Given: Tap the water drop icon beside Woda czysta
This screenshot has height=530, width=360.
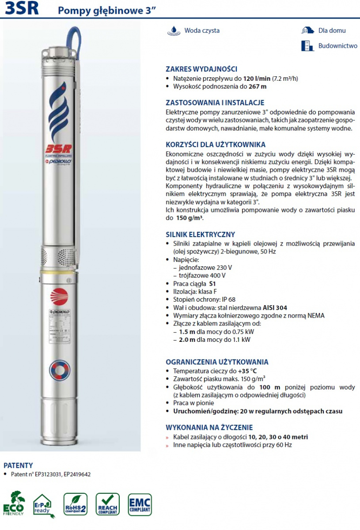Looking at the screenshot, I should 174,30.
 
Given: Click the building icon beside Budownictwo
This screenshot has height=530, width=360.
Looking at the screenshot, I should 306,46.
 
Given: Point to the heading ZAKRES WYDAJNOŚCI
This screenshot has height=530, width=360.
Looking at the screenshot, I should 201,69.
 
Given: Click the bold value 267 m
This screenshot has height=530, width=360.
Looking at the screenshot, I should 258,87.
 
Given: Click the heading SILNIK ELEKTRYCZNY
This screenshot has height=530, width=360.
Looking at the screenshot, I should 200,235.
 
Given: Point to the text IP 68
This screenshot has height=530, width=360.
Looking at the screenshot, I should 228,299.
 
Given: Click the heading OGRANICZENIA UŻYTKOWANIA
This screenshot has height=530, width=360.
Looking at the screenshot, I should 217,362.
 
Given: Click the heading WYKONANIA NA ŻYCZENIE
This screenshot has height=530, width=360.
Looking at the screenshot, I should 209,428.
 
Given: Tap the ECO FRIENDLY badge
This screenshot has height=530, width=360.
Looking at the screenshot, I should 14,504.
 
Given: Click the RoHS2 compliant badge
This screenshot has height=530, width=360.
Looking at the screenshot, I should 75,505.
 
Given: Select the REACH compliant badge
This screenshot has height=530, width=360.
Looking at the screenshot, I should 107,505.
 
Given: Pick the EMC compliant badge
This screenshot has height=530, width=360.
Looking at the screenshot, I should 140,505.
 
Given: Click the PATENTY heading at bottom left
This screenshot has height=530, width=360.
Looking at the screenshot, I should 18,465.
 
